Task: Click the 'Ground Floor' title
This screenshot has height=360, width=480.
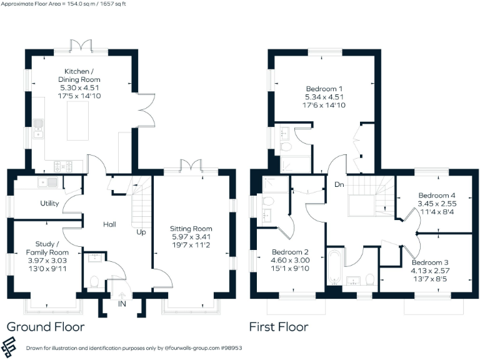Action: point(45,327)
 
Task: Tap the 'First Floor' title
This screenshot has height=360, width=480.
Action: point(279,327)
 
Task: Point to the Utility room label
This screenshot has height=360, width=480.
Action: point(49,204)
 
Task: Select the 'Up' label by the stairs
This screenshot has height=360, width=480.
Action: point(142,232)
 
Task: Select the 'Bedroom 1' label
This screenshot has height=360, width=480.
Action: point(324,89)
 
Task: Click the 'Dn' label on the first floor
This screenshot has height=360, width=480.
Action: point(339,185)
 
